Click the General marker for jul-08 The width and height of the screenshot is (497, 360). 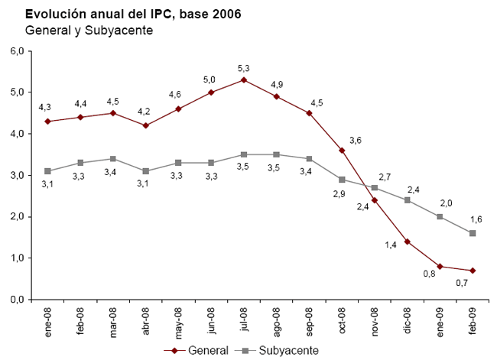coord(243,79)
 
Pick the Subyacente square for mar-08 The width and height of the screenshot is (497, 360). coord(112,159)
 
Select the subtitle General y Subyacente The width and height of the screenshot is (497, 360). coord(89,31)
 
